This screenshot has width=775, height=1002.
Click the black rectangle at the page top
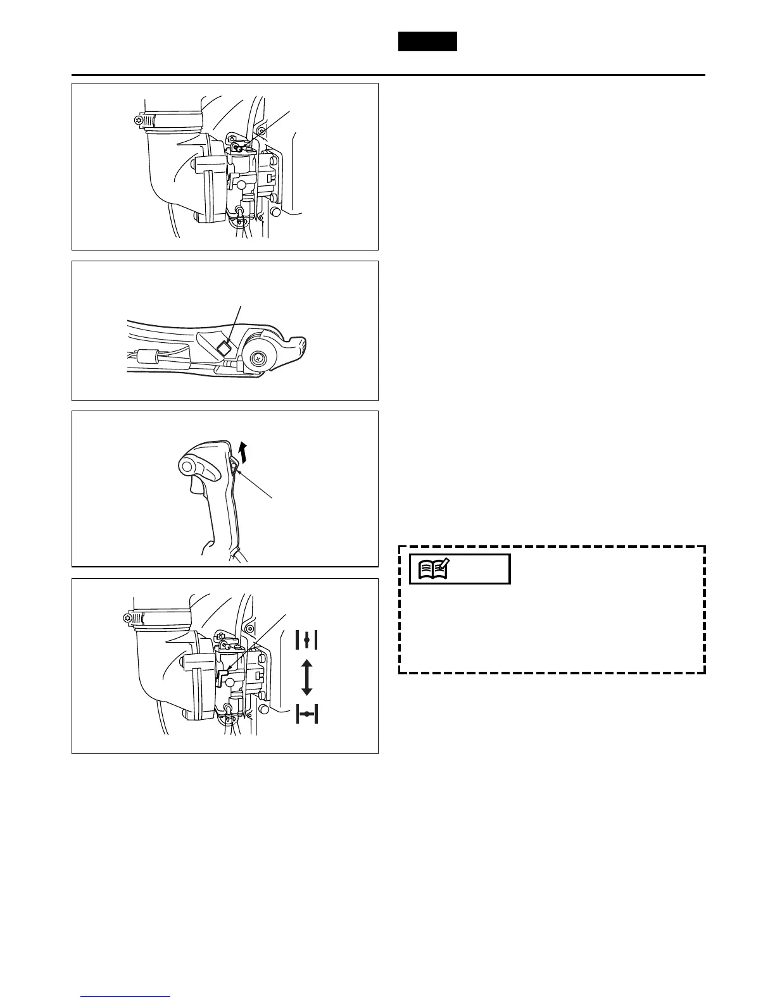pos(427,41)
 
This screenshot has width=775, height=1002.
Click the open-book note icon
pos(434,569)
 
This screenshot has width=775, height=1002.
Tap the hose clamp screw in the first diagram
pos(130,120)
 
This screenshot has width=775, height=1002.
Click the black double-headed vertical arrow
pos(306,677)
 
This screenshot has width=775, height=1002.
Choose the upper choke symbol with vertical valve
pos(306,640)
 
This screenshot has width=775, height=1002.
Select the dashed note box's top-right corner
pos(705,547)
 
